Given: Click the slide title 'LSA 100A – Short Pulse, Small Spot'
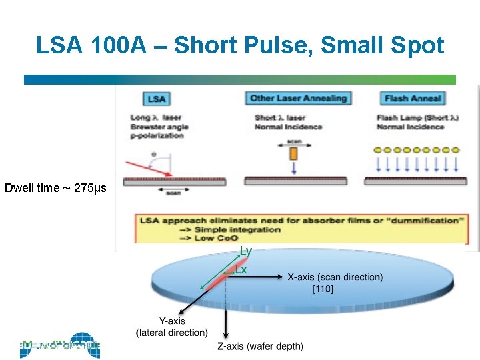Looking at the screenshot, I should pos(240,45).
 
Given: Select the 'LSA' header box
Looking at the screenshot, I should pos(157,99).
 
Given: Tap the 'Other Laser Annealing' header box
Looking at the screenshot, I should pos(298,98).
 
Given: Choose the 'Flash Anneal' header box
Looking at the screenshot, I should pos(413,99).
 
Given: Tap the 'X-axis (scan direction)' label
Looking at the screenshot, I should pos(335,277).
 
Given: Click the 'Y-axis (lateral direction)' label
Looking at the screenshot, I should pos(171,327).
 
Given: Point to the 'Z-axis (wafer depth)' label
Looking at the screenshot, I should pos(260,346).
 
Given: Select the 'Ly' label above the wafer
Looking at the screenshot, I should pos(246,251).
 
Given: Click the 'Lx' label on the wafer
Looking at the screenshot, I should pos(241,270).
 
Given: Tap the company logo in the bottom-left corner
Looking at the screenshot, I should pos(60,345).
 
